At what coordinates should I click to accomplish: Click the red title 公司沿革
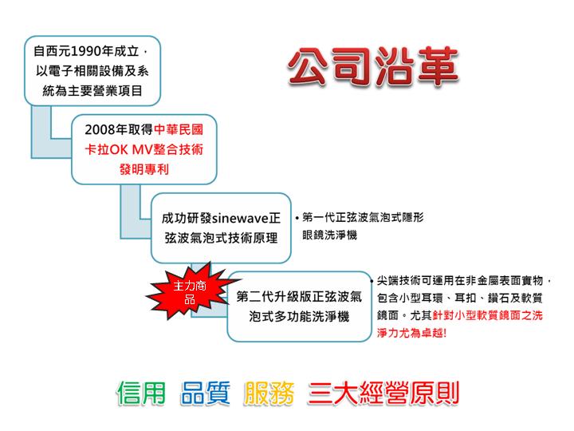pos(373,67)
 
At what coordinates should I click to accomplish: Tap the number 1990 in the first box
pos(86,51)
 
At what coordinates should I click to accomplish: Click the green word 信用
pos(141,393)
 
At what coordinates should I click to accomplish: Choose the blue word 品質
pos(206,393)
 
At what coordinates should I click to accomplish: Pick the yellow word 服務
pos(269,393)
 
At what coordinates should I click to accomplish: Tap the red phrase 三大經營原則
pos(383,393)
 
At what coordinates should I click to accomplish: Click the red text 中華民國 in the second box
pos(179,130)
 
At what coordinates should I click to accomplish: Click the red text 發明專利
pos(144,169)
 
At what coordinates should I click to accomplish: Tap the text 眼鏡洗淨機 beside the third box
pos(329,235)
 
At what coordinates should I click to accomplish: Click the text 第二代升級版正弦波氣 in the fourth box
pos(299,296)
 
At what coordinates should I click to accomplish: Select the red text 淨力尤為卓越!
pos(412,333)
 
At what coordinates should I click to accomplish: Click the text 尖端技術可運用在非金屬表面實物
pos(460,281)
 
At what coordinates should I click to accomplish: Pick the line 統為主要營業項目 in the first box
pos(92,90)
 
